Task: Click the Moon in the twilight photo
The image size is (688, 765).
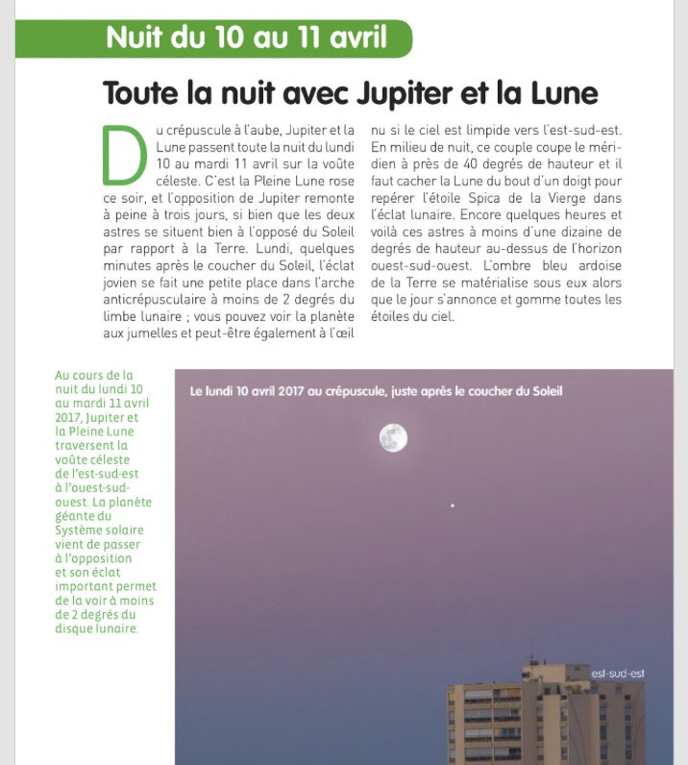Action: click(393, 438)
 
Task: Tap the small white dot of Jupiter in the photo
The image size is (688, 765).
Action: click(453, 506)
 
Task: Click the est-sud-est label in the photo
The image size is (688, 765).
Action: click(618, 673)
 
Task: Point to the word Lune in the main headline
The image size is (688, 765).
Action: click(562, 94)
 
